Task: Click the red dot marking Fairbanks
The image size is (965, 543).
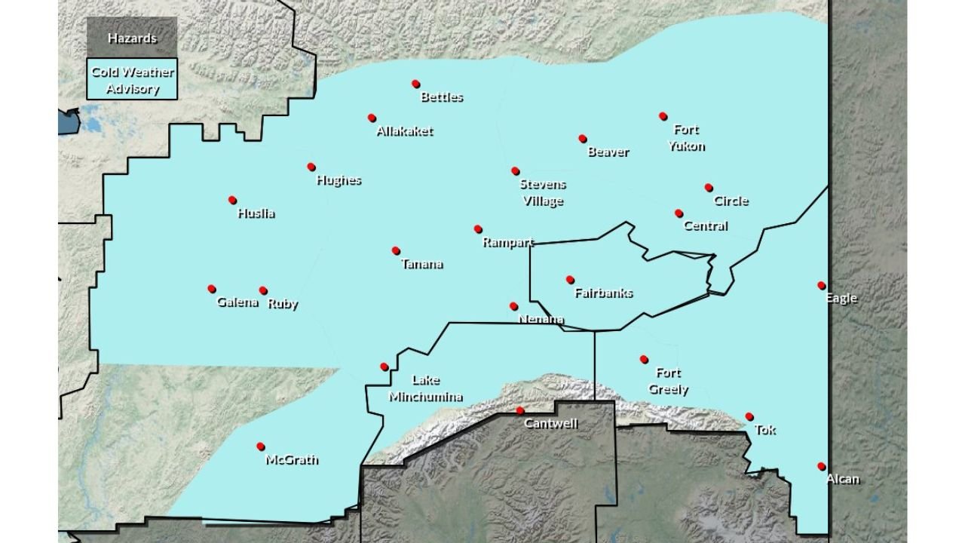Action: [570, 280]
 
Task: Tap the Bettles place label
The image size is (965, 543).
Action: [442, 97]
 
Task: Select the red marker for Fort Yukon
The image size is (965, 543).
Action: [663, 116]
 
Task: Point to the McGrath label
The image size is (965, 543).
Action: [292, 459]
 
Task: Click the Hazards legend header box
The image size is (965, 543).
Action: [132, 38]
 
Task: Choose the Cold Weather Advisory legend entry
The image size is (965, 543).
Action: [132, 80]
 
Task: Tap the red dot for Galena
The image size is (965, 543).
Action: [212, 289]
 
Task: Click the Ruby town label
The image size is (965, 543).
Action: [283, 304]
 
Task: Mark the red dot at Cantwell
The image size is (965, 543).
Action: [519, 411]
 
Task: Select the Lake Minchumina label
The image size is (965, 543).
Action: [426, 388]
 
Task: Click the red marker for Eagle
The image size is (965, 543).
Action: [822, 285]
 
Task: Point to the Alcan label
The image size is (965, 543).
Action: [842, 479]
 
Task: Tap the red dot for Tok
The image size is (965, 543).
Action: [749, 416]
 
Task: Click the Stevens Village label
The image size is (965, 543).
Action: [543, 192]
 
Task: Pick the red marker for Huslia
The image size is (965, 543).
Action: [232, 200]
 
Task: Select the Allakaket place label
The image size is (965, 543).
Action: [405, 131]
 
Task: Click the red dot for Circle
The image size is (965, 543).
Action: [709, 187]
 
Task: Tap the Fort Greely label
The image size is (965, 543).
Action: [669, 381]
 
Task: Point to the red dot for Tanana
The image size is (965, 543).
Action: [396, 250]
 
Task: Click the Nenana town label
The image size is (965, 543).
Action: [541, 319]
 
